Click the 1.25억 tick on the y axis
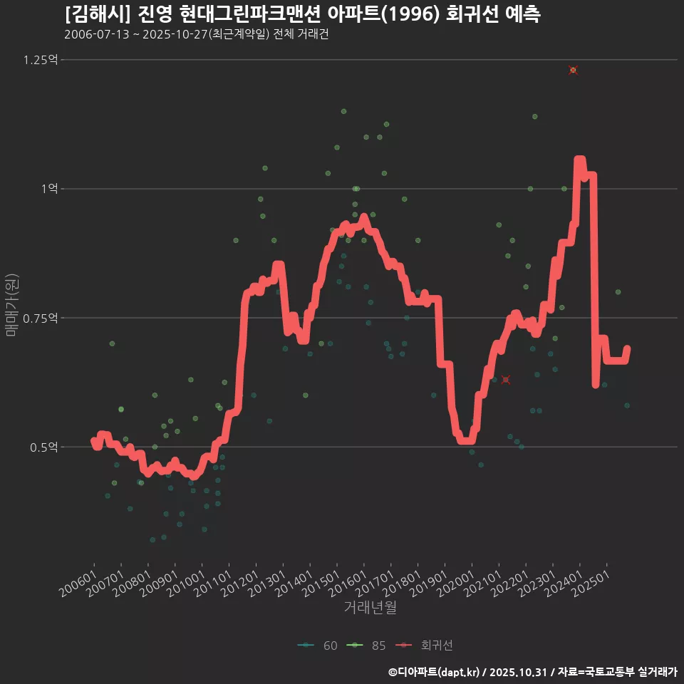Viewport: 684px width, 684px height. point(40,60)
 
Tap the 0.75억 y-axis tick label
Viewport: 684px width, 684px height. point(40,318)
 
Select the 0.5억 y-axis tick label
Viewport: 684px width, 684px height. point(43,447)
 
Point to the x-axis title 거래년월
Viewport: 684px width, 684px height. point(370,608)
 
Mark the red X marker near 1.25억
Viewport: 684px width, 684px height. point(573,70)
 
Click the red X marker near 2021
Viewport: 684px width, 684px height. point(506,380)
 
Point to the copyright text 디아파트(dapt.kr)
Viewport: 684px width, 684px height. point(435,671)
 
